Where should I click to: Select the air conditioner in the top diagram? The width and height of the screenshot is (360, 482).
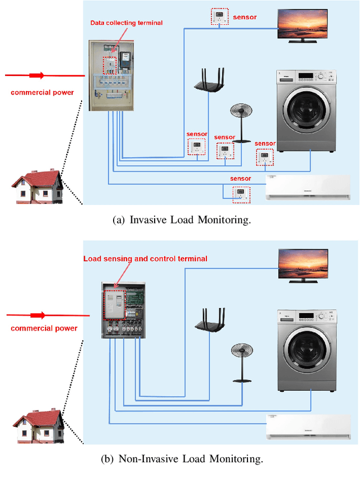pos(308,188)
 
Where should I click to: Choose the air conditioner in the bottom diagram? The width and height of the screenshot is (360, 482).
pos(308,427)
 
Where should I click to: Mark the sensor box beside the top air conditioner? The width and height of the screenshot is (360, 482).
pos(241,193)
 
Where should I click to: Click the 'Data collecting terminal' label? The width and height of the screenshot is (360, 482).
pos(127,23)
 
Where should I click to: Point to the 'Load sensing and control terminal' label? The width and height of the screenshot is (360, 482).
pos(145,258)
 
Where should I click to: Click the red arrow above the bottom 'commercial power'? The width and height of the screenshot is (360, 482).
pos(38,315)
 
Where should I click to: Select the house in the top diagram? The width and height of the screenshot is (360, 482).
pos(38,186)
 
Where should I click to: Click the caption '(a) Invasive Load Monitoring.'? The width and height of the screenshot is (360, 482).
pos(181,220)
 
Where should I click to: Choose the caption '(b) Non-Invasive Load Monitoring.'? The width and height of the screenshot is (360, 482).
pos(181,459)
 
